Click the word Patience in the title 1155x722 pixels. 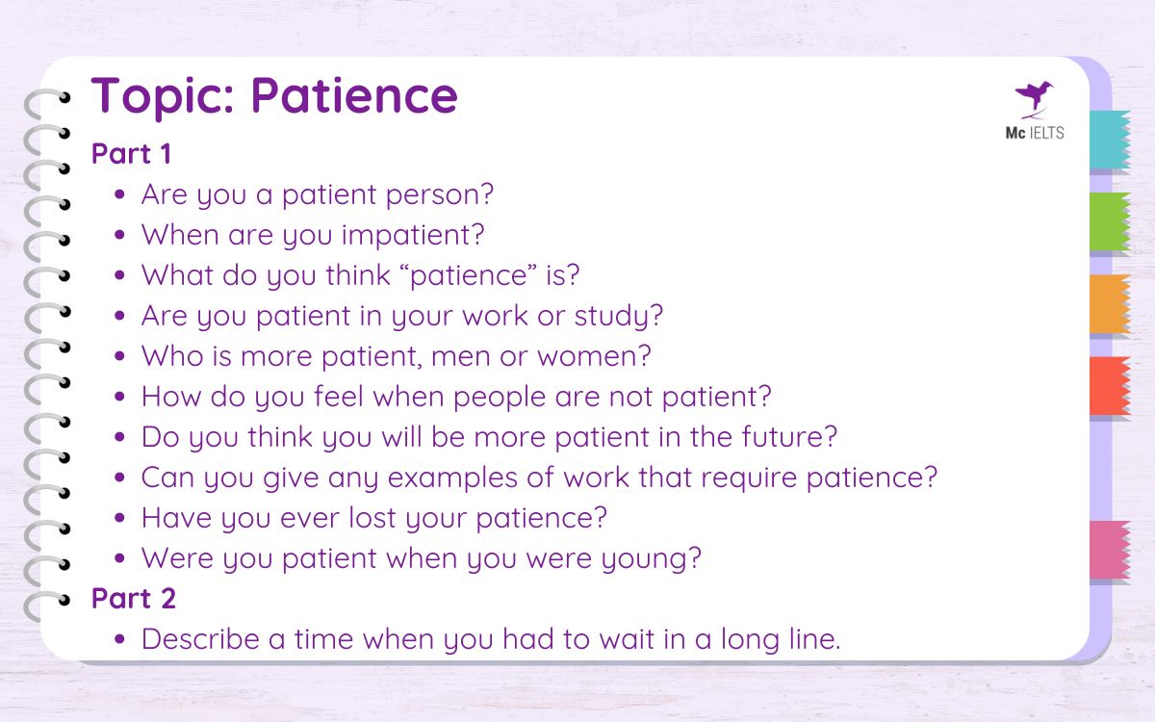point(354,96)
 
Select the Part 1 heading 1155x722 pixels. point(133,154)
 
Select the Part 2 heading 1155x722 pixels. point(133,599)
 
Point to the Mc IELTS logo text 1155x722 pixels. point(1035,134)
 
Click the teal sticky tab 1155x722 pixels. point(1109,141)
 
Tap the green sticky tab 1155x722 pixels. point(1109,222)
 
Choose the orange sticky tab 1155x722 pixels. point(1109,304)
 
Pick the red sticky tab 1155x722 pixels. point(1109,386)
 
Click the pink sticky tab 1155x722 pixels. point(1109,550)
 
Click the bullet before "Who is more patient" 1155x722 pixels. point(120,357)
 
